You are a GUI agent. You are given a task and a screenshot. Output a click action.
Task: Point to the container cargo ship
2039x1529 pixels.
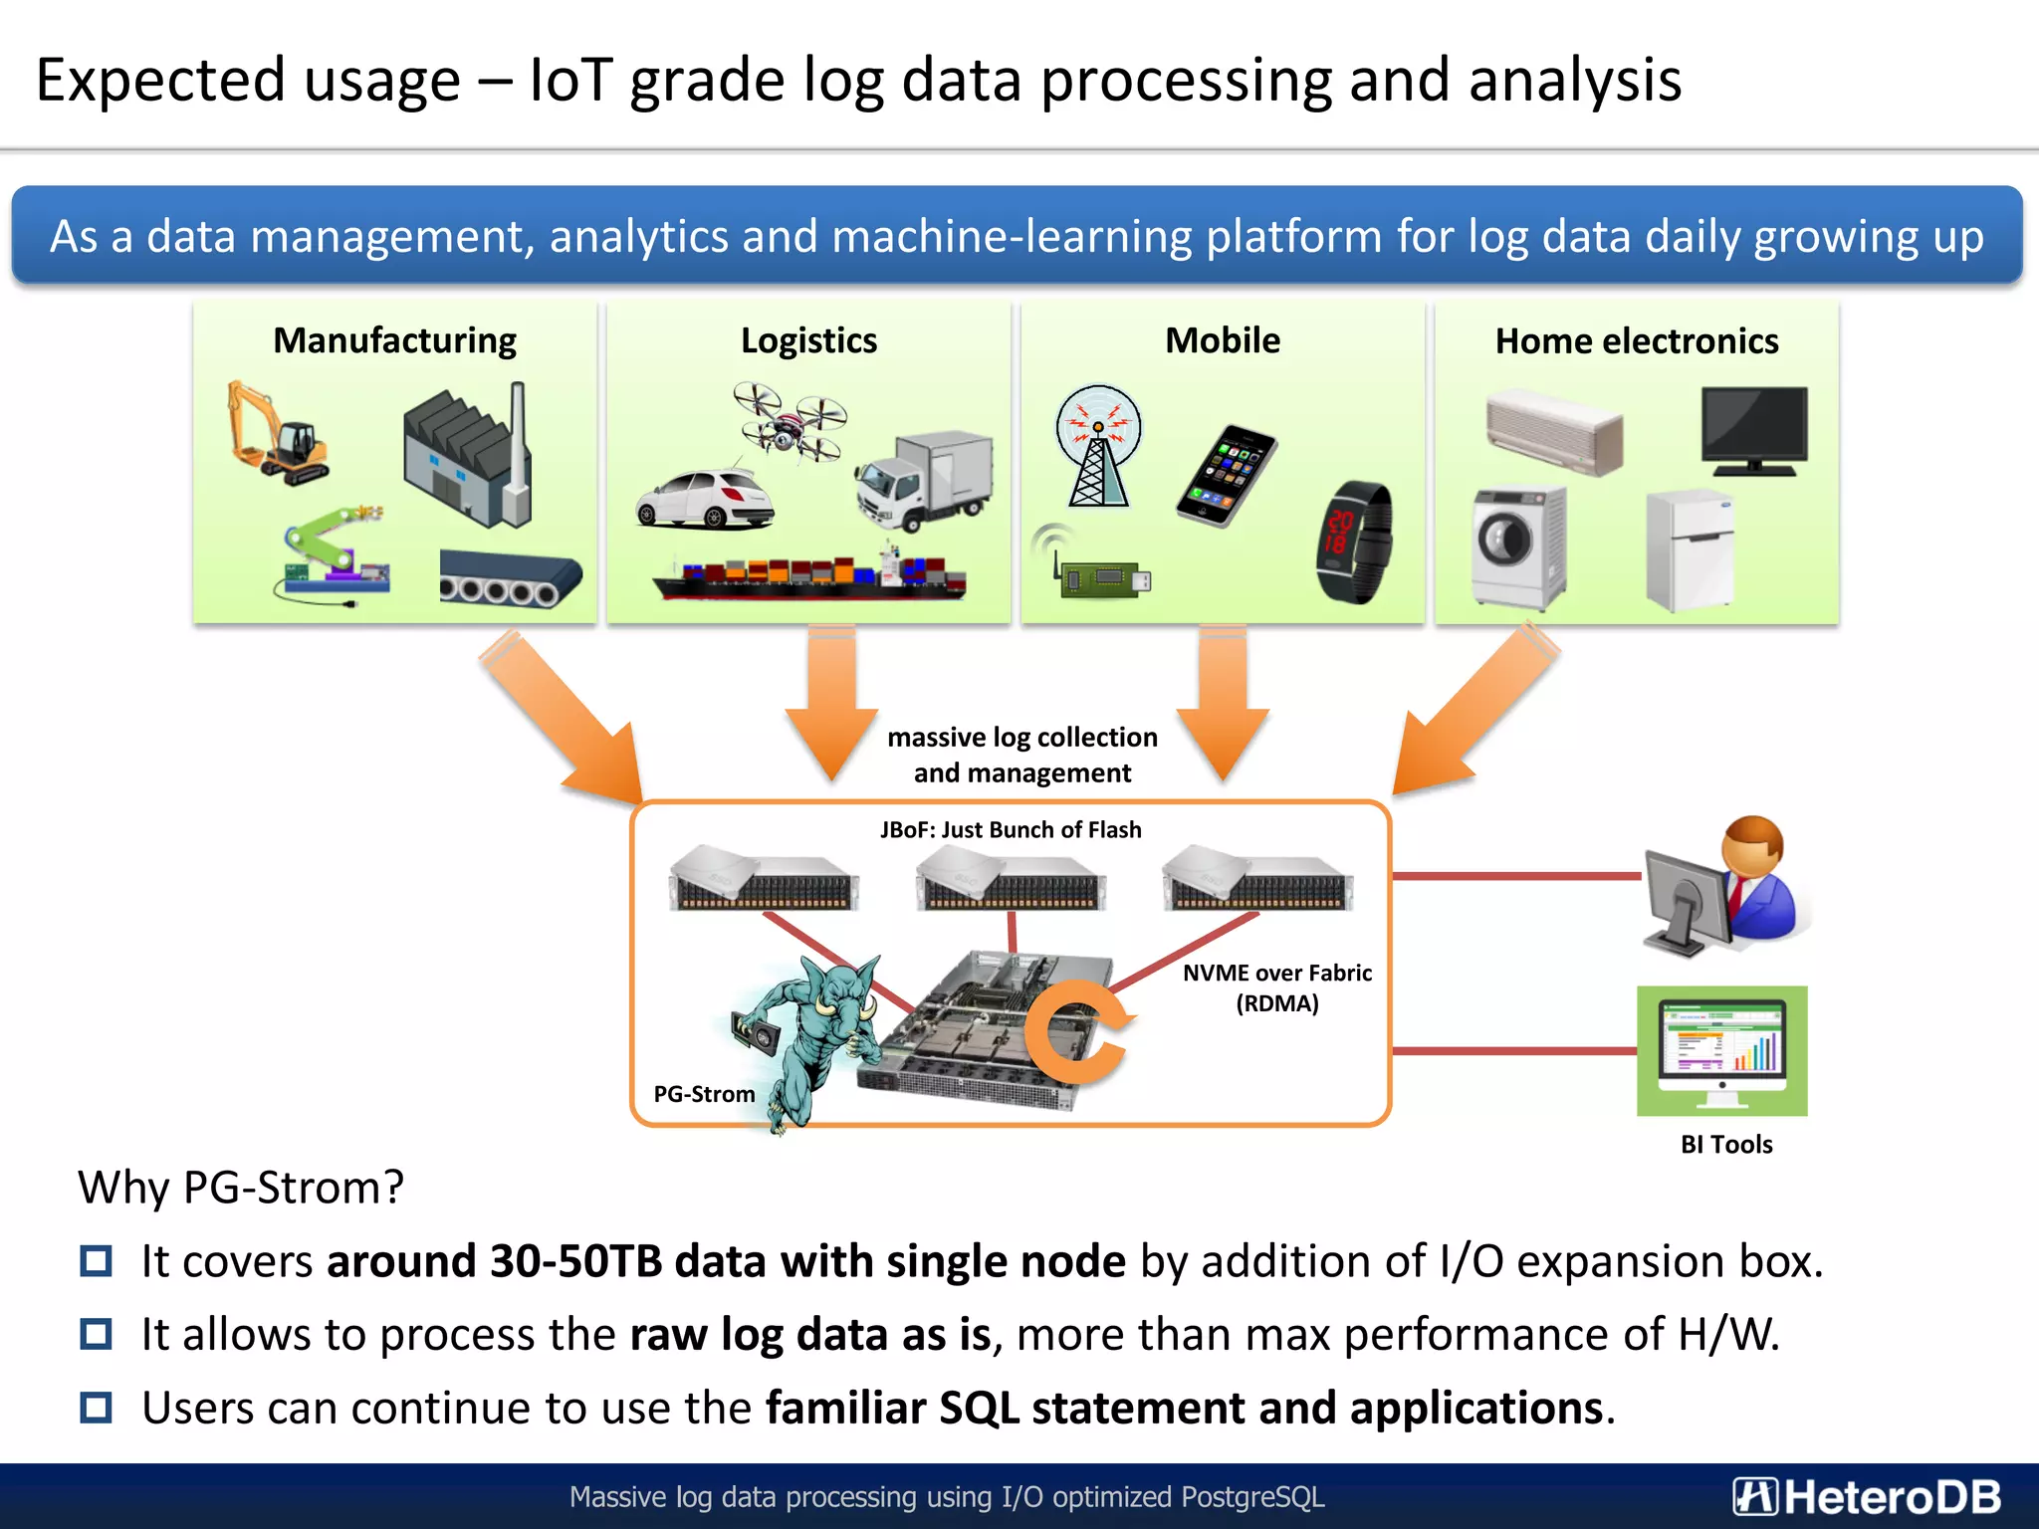click(x=808, y=574)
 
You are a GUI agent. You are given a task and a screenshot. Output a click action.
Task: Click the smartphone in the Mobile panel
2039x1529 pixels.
click(x=1227, y=475)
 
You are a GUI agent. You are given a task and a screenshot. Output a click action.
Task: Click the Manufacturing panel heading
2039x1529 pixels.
click(x=395, y=340)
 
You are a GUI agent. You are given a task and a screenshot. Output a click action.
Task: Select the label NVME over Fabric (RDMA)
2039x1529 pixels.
click(x=1276, y=987)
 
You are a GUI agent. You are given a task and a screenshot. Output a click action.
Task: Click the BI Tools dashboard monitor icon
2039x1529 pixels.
click(x=1721, y=1051)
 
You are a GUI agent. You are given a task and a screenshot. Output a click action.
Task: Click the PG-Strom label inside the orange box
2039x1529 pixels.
click(x=704, y=1094)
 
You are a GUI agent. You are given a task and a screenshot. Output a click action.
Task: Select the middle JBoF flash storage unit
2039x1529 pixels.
click(x=1010, y=878)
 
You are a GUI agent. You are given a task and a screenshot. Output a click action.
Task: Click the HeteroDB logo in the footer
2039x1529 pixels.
click(x=1867, y=1496)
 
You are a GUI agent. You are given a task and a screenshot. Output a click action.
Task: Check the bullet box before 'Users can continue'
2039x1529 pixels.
click(x=97, y=1408)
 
